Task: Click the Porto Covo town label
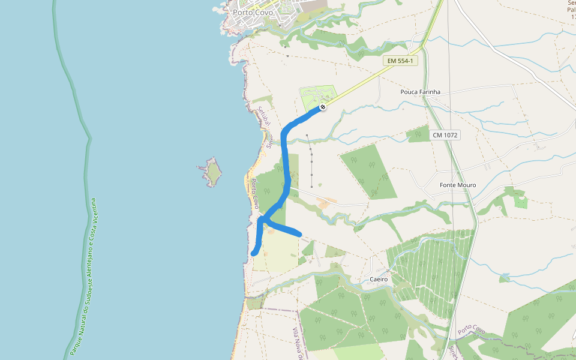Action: coord(253,12)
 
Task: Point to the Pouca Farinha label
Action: coord(420,92)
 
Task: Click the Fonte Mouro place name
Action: coord(457,185)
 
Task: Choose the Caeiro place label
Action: coord(379,279)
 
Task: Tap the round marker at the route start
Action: coord(323,107)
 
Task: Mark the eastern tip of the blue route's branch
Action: coord(299,233)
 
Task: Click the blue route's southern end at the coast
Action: coord(254,253)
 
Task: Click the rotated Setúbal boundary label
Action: coord(262,115)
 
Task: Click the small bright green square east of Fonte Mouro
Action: coord(521,202)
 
